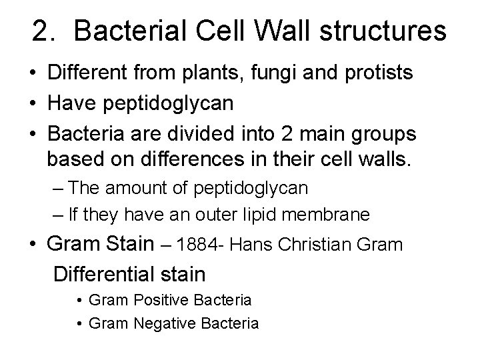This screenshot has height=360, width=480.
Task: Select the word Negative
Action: tap(163, 324)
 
